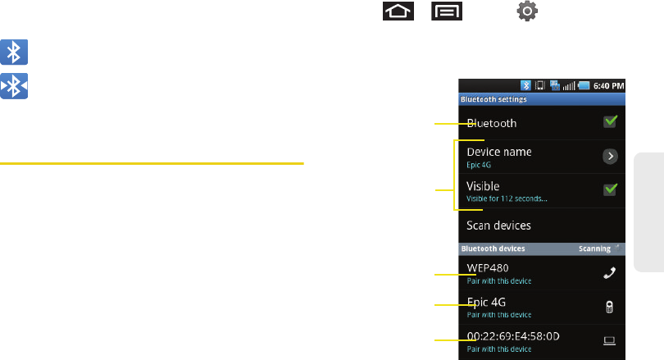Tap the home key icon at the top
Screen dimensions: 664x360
tap(398, 12)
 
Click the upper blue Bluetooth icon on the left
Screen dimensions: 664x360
tap(15, 54)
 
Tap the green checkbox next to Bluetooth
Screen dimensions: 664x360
tap(610, 121)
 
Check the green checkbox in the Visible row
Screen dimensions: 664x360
tap(610, 189)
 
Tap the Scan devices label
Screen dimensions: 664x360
tap(498, 225)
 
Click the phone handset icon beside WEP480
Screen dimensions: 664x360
tap(610, 273)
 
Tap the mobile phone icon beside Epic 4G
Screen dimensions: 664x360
tap(610, 307)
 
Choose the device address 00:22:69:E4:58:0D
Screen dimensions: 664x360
tap(513, 335)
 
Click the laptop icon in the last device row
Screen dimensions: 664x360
tap(610, 339)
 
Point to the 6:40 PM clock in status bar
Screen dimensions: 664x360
tap(607, 84)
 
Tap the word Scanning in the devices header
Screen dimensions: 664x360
tap(594, 248)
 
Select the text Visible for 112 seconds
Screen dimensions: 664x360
tap(507, 198)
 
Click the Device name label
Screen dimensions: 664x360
tap(498, 152)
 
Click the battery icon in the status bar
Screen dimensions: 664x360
tap(582, 84)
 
